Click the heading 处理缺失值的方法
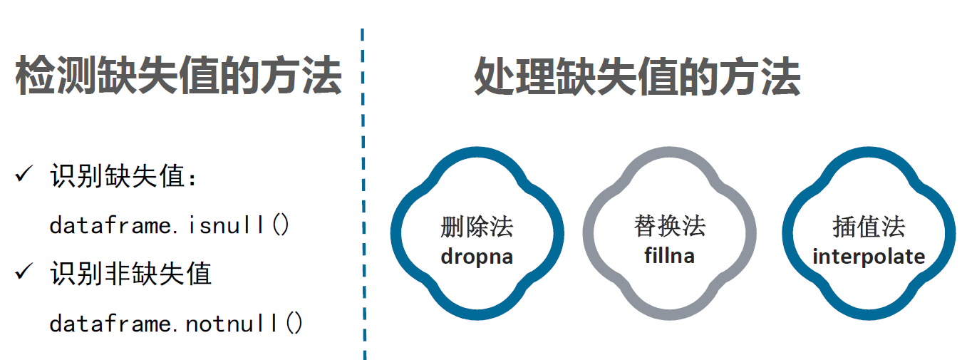(x=637, y=76)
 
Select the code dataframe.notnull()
(x=176, y=324)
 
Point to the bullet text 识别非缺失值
(x=131, y=273)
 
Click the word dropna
(x=477, y=256)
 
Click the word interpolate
(x=869, y=257)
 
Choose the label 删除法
(x=477, y=227)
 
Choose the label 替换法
(x=669, y=226)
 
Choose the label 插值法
(x=869, y=227)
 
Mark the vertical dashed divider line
(x=363, y=192)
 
